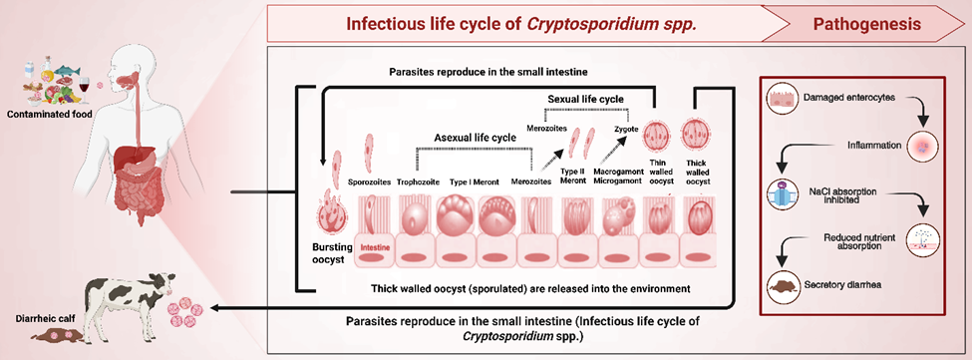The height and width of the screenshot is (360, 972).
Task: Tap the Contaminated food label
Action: [50, 113]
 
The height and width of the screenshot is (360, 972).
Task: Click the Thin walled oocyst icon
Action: [656, 137]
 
